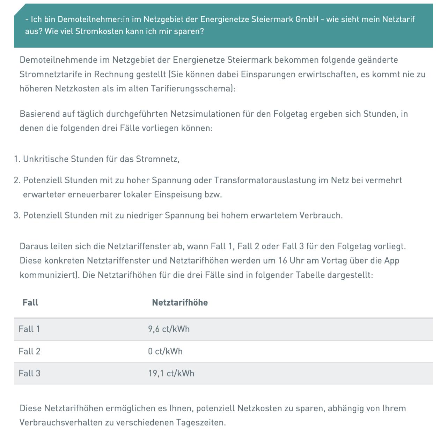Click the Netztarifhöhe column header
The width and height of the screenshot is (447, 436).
click(x=180, y=303)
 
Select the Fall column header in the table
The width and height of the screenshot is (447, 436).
click(x=30, y=303)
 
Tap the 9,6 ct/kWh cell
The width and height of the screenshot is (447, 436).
click(x=169, y=329)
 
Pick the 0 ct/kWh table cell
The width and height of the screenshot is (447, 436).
click(x=165, y=351)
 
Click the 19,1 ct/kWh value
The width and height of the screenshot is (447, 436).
click(x=171, y=373)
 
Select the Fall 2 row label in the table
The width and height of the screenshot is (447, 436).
click(x=30, y=351)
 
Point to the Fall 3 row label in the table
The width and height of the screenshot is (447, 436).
click(x=30, y=373)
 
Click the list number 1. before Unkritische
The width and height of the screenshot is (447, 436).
click(x=17, y=159)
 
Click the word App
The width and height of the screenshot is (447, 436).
click(x=392, y=261)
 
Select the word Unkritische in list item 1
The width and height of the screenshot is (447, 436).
click(x=46, y=159)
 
